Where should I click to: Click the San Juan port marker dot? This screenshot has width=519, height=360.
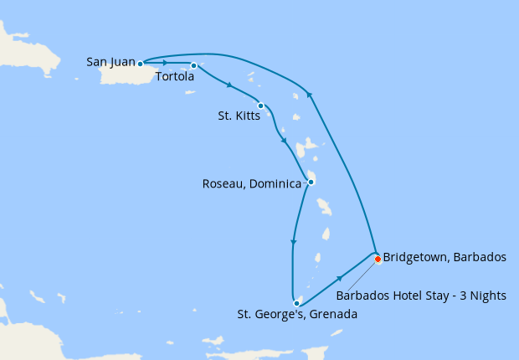point(141,63)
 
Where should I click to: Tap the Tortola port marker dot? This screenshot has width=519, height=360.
point(193,65)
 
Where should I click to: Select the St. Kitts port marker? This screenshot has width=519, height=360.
point(261,105)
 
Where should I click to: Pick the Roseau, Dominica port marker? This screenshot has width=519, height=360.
point(311,182)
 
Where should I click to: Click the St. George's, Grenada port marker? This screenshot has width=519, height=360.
point(296,303)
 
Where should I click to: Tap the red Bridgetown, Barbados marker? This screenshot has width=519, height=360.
point(378,259)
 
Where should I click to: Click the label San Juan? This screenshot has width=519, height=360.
point(111,62)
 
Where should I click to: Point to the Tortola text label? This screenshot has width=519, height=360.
point(175,77)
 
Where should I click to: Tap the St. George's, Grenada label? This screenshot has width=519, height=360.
point(297,315)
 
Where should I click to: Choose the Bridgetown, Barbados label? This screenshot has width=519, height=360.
point(444,257)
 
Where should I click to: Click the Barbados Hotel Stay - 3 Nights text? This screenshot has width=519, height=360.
point(427,295)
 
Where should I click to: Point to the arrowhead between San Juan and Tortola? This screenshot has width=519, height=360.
point(166,63)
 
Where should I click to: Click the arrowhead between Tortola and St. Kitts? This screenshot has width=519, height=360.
point(229,85)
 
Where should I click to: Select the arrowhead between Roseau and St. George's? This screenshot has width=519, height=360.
point(293,243)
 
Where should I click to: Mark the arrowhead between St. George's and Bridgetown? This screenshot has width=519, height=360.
point(340,277)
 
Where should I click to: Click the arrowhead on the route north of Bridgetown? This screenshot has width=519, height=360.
point(309,95)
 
